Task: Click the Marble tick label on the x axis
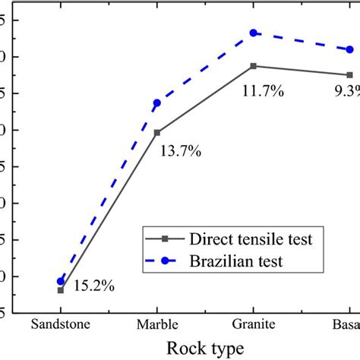[157, 324]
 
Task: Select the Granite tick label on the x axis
[254, 324]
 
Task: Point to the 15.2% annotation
[94, 286]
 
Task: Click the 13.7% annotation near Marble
[181, 151]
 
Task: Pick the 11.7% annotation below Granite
[263, 91]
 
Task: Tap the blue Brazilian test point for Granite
[254, 33]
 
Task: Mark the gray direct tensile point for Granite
[254, 66]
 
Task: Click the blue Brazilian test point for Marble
[157, 103]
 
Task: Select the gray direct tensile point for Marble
[157, 132]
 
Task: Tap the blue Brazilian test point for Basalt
[349, 49]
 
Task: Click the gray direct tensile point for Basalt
[349, 74]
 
